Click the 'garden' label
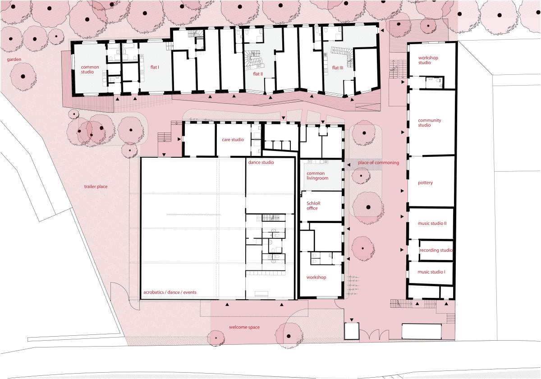pos(14,59)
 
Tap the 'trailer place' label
pos(96,187)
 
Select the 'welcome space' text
pos(244,327)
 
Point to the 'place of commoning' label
pos(378,163)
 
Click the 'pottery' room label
pos(425,183)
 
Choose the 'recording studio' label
pos(436,250)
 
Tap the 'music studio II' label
pos(432,223)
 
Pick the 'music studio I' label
pos(431,272)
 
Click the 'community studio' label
pos(429,123)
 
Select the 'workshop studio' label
pos(428,60)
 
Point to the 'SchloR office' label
pos(313,205)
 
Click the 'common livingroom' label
pos(317,176)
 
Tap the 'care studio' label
pos(233,140)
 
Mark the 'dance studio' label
pos(261,163)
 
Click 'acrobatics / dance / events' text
pos(170,292)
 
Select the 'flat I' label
pos(155,67)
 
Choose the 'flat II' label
pos(258,74)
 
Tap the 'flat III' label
pos(337,68)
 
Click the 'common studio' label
pos(90,69)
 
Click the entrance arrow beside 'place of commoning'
pos(349,165)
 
